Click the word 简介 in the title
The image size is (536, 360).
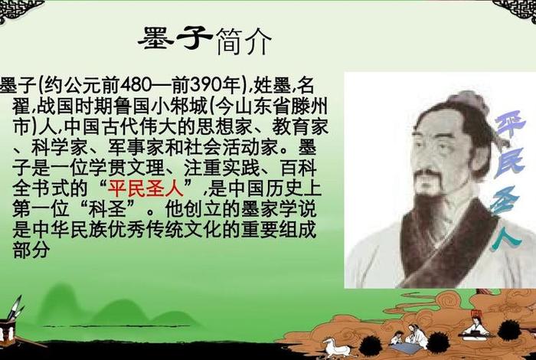point(243,41)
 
